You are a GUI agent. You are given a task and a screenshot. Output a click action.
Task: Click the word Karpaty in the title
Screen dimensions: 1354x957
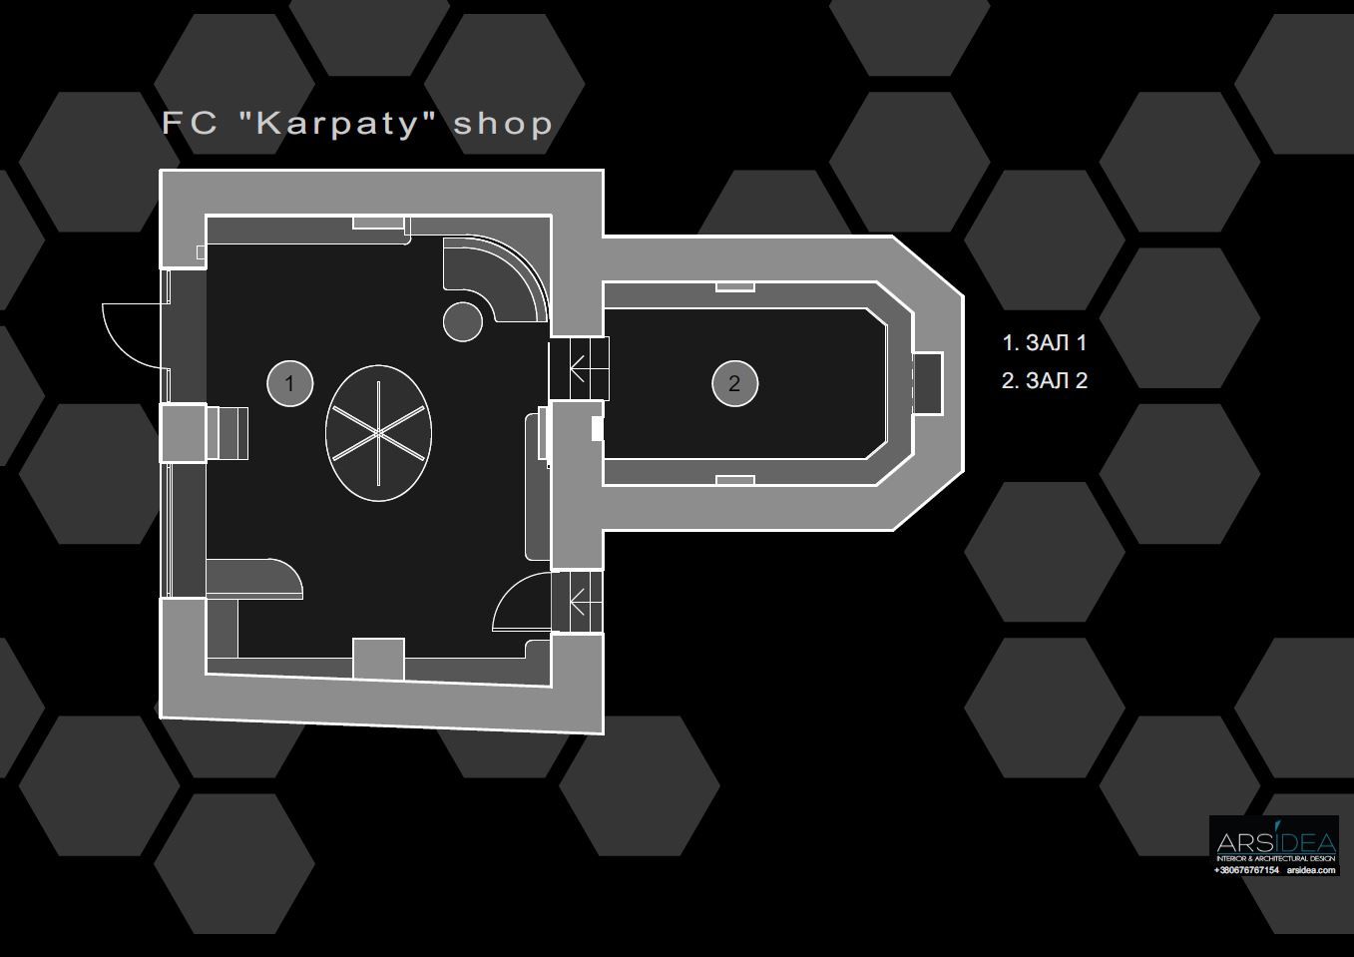coord(337,124)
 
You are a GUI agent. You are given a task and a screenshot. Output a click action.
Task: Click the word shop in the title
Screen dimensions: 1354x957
coord(503,124)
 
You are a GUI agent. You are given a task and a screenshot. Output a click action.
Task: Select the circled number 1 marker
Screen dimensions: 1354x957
coord(290,383)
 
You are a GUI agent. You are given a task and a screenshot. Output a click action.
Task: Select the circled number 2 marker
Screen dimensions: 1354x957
coord(734,383)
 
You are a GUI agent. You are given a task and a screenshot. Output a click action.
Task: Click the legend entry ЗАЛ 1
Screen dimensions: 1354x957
coord(1056,342)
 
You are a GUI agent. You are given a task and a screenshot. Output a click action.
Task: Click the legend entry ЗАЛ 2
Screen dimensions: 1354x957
coord(1057,380)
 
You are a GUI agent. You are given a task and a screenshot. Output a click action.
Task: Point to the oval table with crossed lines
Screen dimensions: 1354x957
coord(378,433)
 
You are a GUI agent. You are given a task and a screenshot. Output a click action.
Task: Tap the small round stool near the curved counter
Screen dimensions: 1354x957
coord(462,321)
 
